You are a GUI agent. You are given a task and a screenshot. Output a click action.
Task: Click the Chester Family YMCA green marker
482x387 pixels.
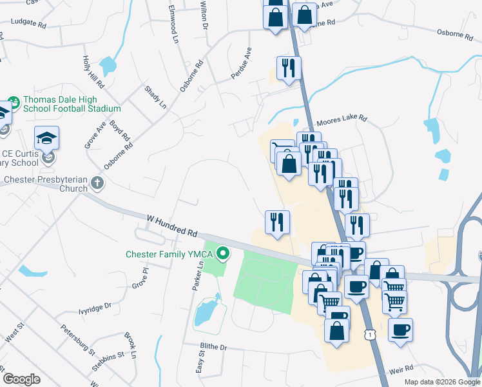[224, 253]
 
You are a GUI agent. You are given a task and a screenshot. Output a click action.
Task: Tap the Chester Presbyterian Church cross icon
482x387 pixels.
[97, 183]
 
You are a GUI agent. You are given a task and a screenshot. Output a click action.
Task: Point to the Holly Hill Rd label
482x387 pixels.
[92, 71]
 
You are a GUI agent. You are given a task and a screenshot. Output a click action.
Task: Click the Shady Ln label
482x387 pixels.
[155, 96]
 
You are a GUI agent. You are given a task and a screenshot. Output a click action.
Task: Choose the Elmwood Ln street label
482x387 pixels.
[173, 24]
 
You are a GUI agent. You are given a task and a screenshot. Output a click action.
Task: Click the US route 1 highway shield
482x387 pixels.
[369, 334]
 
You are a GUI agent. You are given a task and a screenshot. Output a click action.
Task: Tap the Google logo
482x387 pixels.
[22, 379]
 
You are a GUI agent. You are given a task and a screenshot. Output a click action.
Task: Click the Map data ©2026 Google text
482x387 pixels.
[441, 382]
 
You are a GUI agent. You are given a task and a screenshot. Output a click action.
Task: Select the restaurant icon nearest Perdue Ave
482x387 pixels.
[288, 68]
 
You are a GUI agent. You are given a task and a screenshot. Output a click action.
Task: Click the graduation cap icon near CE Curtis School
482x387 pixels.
[46, 138]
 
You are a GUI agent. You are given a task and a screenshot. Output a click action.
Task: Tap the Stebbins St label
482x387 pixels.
[106, 355]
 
